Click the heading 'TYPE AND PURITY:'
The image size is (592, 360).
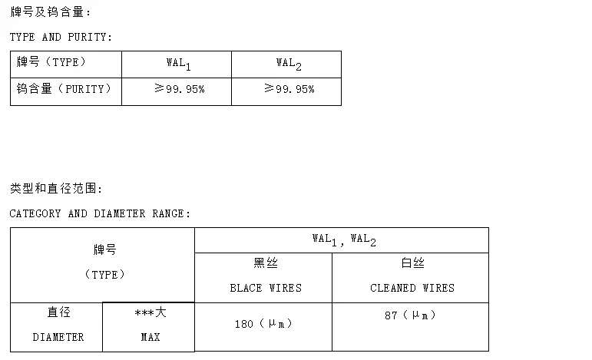click(x=61, y=37)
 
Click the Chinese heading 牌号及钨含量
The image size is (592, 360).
click(x=51, y=12)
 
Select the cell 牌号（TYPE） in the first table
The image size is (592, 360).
click(x=51, y=62)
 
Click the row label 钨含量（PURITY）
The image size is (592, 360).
click(x=64, y=89)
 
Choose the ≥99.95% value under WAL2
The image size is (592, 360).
click(x=289, y=90)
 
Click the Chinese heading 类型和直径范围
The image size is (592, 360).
click(x=56, y=189)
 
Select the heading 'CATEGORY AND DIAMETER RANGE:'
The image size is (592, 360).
click(x=100, y=213)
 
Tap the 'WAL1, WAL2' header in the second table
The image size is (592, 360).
click(x=343, y=239)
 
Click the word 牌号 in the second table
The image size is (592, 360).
click(x=104, y=250)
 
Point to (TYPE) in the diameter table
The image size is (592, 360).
click(x=104, y=274)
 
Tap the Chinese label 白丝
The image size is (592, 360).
click(x=412, y=263)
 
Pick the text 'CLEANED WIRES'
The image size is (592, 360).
click(x=412, y=288)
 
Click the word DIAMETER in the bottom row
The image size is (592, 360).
click(x=58, y=337)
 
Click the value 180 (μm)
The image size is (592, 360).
click(x=263, y=325)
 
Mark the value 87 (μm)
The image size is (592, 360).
click(x=411, y=315)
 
